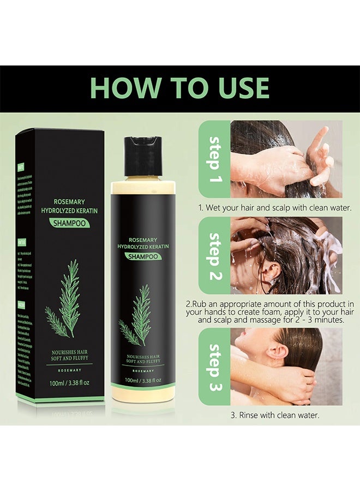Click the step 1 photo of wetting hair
pyautogui.click(x=286, y=159)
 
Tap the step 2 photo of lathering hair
pyautogui.click(x=286, y=256)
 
